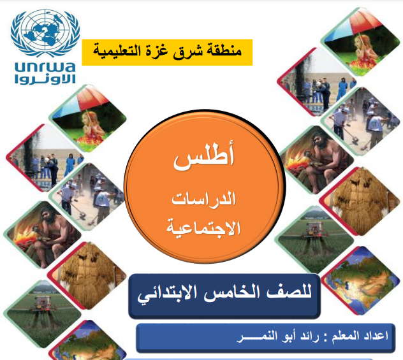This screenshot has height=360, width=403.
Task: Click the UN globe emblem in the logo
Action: [45, 33]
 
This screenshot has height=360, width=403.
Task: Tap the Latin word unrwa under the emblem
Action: [45, 67]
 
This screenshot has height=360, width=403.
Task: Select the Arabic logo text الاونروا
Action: [45, 79]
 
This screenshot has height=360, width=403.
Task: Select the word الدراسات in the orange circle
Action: [203, 199]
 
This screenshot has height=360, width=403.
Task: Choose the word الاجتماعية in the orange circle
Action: [203, 227]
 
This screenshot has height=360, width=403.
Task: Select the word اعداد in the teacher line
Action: [376, 336]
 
